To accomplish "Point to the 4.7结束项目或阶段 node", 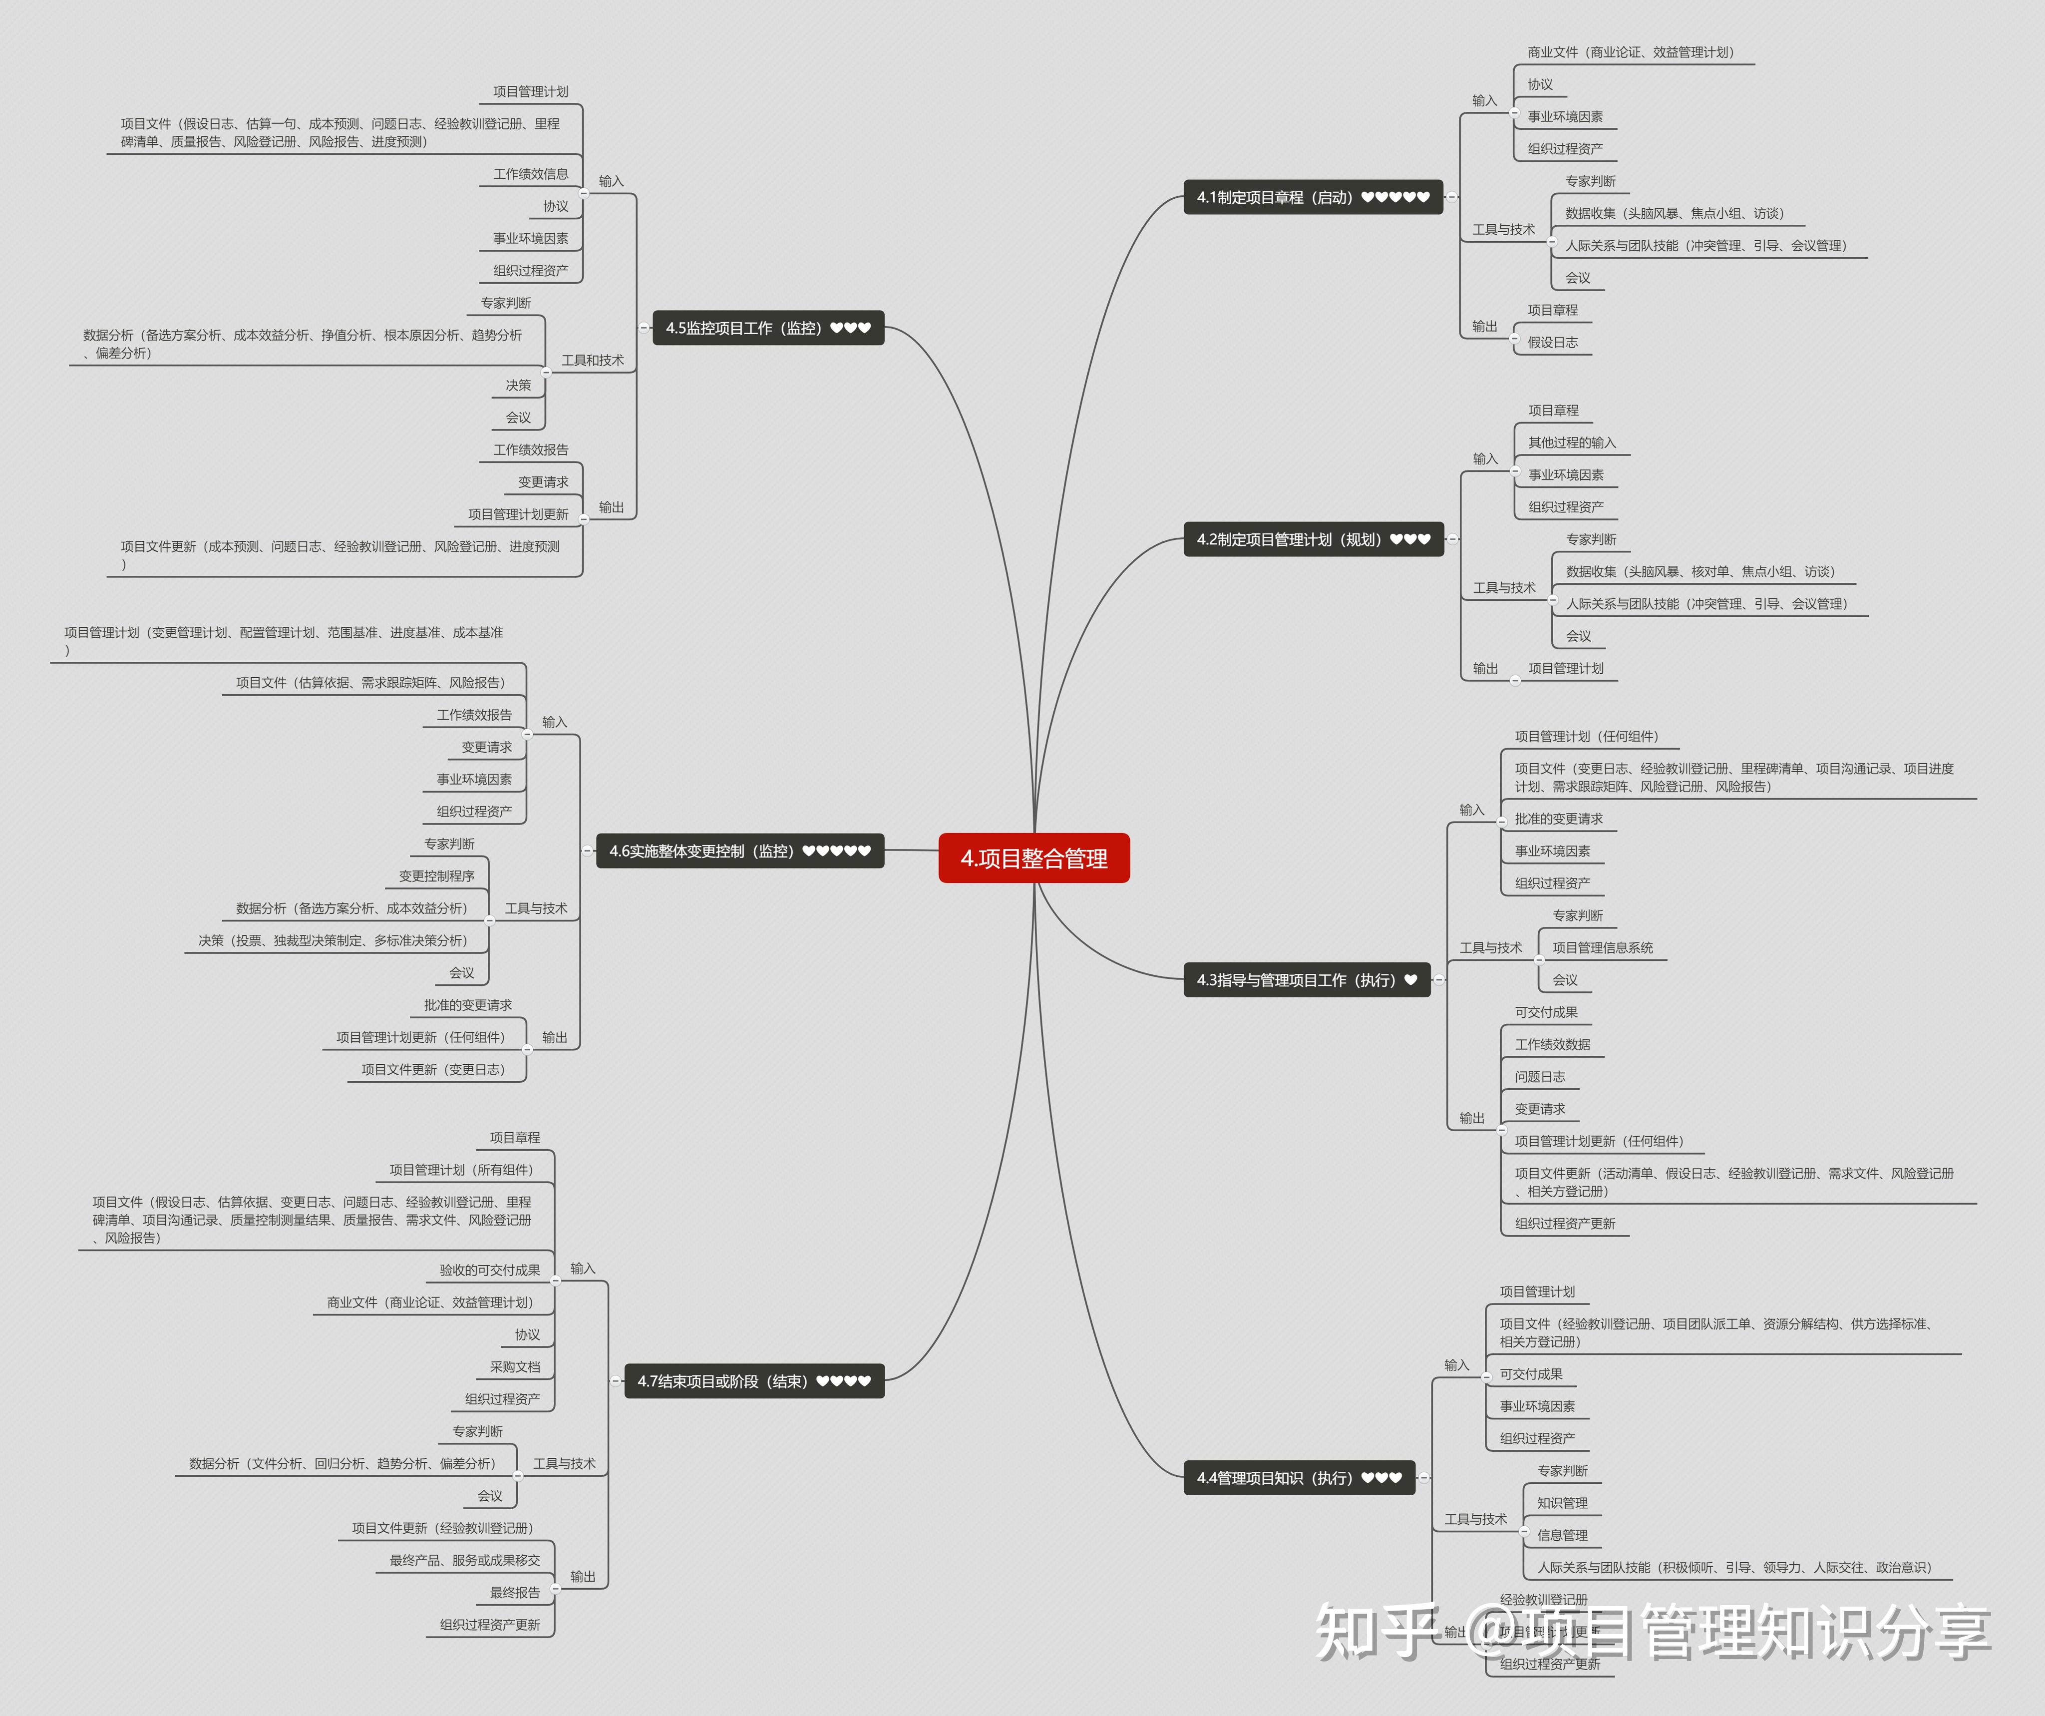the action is pyautogui.click(x=754, y=1381).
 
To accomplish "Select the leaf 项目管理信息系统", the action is pyautogui.click(x=1602, y=947).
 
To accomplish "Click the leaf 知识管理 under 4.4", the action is pyautogui.click(x=1562, y=1503).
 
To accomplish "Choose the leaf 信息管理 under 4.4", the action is pyautogui.click(x=1562, y=1535).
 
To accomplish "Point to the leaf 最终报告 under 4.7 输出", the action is pyautogui.click(x=514, y=1592).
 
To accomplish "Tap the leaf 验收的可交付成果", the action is pyautogui.click(x=489, y=1270).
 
